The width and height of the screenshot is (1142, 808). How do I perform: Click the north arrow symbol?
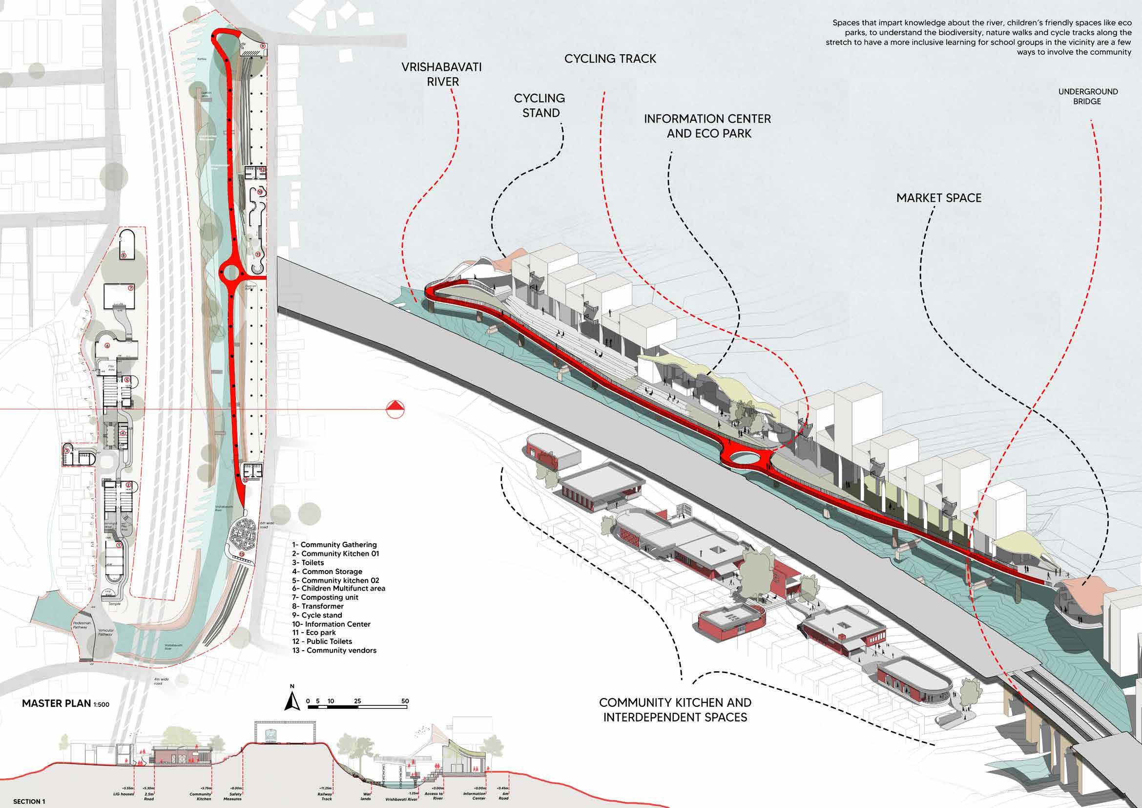292,701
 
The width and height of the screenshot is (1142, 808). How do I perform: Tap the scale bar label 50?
405,701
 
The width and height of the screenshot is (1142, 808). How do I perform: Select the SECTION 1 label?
29,802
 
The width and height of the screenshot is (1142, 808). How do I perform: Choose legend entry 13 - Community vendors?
334,650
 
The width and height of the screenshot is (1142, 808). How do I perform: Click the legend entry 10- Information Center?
331,624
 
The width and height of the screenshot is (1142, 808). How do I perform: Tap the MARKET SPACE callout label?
938,198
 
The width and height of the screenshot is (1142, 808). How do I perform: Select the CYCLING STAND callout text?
540,106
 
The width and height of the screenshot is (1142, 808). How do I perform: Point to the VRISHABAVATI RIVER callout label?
442,74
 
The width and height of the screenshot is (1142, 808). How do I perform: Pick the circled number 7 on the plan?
130,288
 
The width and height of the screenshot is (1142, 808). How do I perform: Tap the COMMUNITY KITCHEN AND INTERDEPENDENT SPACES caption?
675,710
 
